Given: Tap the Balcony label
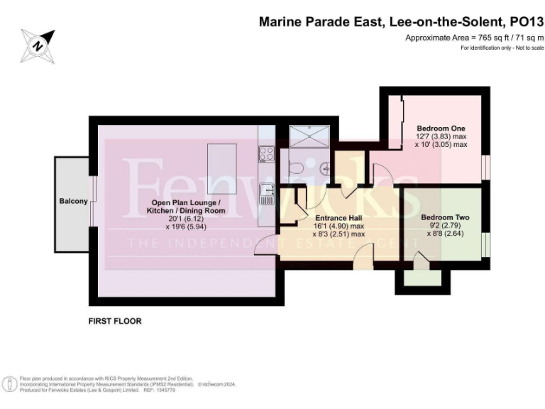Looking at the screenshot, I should [73, 202].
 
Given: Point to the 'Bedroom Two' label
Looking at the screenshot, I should [445, 217].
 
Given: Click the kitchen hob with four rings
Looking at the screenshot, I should [267, 153].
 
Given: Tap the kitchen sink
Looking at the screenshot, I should [267, 190].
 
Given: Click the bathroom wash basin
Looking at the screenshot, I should [324, 168].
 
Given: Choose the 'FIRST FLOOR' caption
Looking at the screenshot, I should [115, 321].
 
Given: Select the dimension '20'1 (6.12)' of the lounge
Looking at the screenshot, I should [188, 219].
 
